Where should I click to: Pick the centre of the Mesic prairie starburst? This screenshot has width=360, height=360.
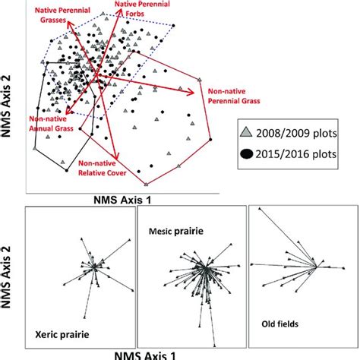point(203,270)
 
